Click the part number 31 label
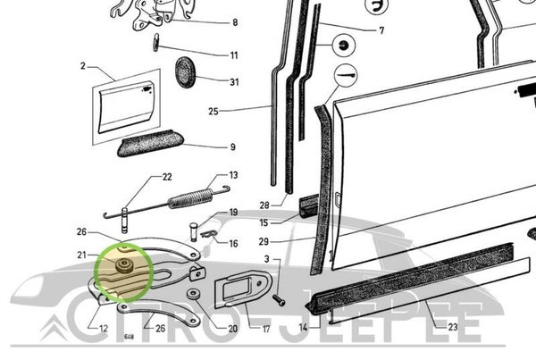pyautogui.click(x=234, y=83)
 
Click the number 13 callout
pyautogui.click(x=233, y=176)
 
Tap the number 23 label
pyautogui.click(x=452, y=329)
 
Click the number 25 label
pyautogui.click(x=214, y=113)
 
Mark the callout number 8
pyautogui.click(x=235, y=22)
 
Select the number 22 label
pyautogui.click(x=166, y=177)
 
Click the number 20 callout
pyautogui.click(x=233, y=329)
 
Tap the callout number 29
pyautogui.click(x=265, y=241)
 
